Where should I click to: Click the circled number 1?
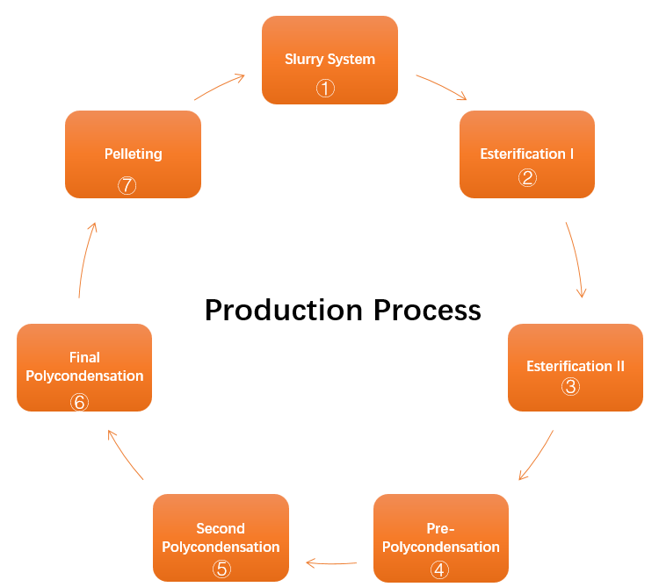(x=326, y=88)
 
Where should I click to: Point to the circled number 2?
(x=527, y=177)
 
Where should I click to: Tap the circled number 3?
(x=571, y=386)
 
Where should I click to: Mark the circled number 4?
(x=440, y=569)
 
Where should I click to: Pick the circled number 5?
(x=221, y=569)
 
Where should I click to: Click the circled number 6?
(x=80, y=402)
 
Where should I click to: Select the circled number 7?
(x=127, y=185)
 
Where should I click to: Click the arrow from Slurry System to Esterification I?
(x=442, y=87)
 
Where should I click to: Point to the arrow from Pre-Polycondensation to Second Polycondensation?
(x=331, y=563)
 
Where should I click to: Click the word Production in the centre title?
(x=283, y=310)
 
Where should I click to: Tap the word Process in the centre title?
(x=427, y=310)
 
